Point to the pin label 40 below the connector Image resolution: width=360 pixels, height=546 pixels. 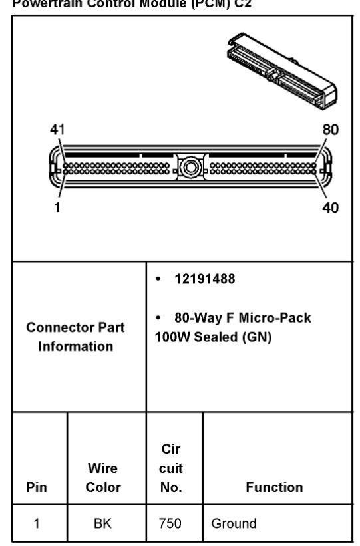[331, 207]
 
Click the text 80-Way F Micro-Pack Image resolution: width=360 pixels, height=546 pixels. [242, 318]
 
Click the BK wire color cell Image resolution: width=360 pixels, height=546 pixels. [104, 523]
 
